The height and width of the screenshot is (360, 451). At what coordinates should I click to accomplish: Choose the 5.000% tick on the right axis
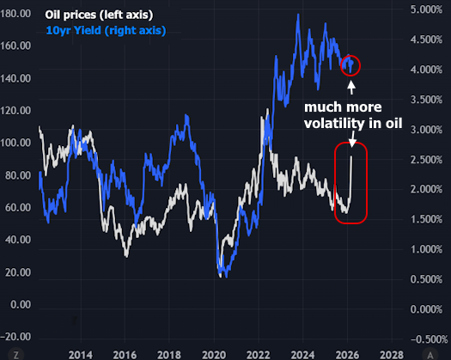[428, 9]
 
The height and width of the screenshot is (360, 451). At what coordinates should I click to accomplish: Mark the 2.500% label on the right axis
[428, 160]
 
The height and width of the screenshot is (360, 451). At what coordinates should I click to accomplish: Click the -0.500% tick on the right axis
[426, 339]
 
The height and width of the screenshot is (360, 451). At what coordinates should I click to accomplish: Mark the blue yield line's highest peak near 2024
[297, 15]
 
